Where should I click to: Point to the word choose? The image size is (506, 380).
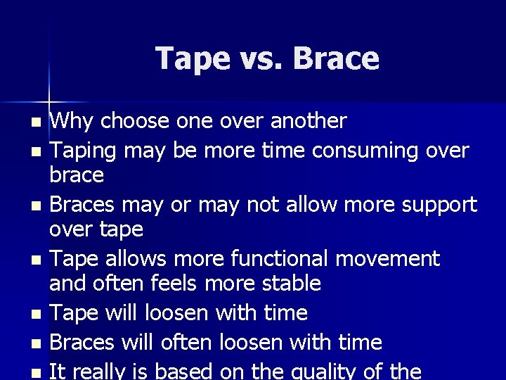point(134,121)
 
